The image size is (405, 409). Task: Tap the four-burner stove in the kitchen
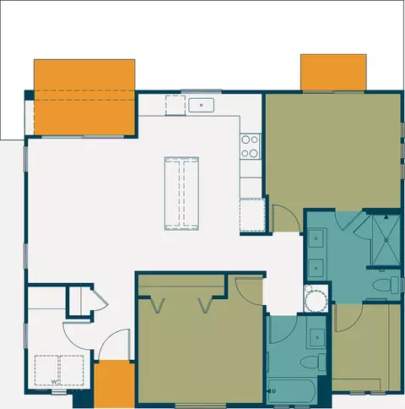click(x=250, y=146)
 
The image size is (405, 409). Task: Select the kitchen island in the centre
click(x=181, y=192)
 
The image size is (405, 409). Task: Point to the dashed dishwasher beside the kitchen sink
click(x=175, y=106)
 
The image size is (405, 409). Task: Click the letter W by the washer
click(x=54, y=381)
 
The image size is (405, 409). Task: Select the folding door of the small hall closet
click(x=98, y=299)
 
